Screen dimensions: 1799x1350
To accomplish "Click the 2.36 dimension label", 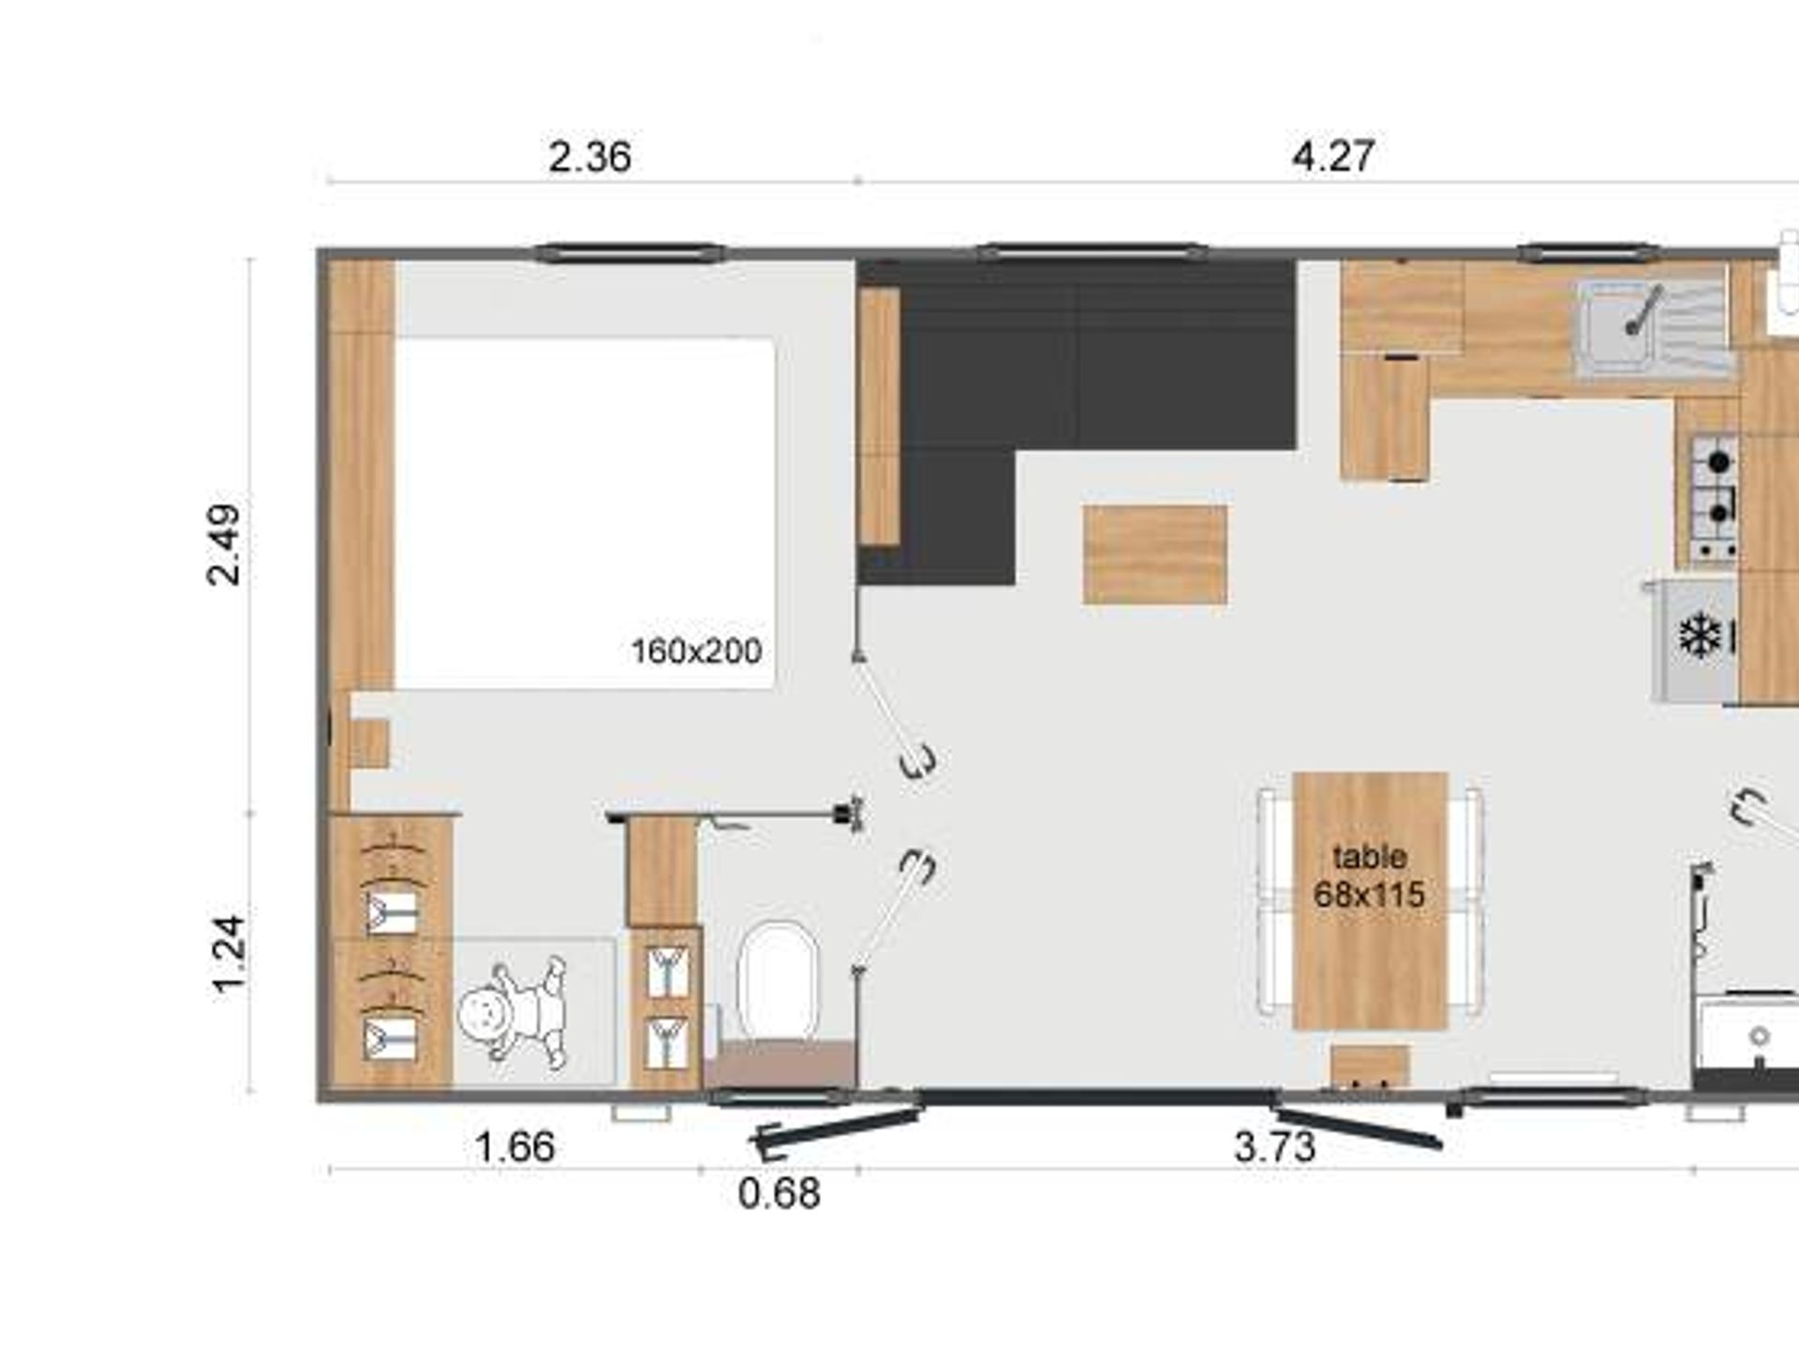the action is [589, 157].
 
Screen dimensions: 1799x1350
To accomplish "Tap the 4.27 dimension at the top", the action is [1333, 156].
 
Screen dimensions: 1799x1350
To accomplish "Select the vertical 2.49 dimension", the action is [225, 545].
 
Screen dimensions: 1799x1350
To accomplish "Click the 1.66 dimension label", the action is [515, 1147].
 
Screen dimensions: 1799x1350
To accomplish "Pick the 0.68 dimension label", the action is [779, 1193].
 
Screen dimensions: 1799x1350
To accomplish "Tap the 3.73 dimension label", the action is [1275, 1147].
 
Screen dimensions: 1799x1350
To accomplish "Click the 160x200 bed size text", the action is [696, 652].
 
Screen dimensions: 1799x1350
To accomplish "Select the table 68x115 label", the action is [1369, 876].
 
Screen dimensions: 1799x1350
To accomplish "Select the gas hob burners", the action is [1714, 497].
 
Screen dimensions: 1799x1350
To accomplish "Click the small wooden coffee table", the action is [1155, 554].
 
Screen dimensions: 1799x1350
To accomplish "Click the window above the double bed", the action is [630, 251].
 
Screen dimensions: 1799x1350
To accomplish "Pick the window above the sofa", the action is [1092, 251].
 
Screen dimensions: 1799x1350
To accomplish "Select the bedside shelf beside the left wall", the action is [368, 744].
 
